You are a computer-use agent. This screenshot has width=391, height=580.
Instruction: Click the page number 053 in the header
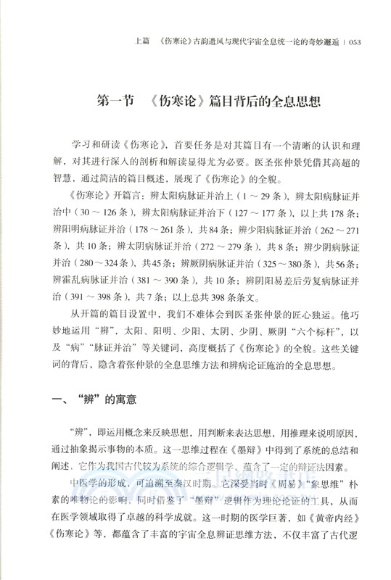(361, 41)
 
